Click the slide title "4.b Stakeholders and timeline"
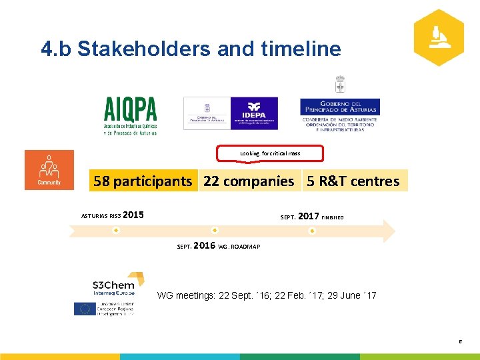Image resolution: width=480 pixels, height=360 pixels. (191, 49)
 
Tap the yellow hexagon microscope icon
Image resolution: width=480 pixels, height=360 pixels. (438, 37)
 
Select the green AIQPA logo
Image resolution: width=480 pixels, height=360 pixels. (130, 115)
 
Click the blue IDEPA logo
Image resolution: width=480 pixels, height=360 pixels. (253, 113)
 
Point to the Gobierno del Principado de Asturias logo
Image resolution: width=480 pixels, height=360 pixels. (339, 111)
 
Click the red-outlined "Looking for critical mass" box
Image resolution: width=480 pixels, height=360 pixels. (270, 153)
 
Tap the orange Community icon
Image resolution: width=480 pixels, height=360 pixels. (49, 170)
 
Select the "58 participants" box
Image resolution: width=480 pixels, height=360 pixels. (143, 181)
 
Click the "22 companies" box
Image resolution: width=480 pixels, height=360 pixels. (249, 181)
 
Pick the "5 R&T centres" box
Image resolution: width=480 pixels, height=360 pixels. (353, 181)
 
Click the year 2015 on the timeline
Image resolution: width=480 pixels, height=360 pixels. (133, 215)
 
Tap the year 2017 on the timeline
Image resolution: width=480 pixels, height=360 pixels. (308, 216)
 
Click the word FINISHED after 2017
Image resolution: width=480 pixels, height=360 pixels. (333, 217)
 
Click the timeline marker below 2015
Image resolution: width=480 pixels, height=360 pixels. (115, 231)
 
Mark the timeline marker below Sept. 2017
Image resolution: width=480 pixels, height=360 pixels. (312, 231)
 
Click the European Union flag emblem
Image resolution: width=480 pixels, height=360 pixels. (84, 309)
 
